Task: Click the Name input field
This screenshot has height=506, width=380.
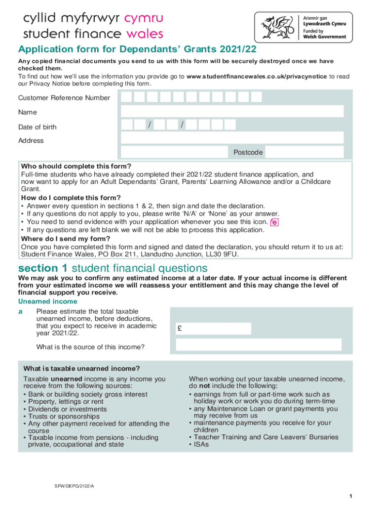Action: click(232, 112)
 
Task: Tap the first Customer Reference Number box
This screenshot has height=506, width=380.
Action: click(127, 97)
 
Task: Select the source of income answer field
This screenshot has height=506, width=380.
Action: click(259, 345)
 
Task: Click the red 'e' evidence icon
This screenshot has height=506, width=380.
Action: click(274, 222)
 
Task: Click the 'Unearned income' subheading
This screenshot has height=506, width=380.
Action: click(48, 301)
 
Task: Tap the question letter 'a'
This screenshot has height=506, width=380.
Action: click(20, 311)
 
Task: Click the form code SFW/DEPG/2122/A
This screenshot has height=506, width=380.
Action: click(74, 486)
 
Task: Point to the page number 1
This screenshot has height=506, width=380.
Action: click(349, 496)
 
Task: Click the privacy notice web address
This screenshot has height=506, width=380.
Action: click(257, 77)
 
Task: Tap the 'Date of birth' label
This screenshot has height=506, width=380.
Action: click(38, 127)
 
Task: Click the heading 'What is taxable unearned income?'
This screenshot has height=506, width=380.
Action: click(81, 369)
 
